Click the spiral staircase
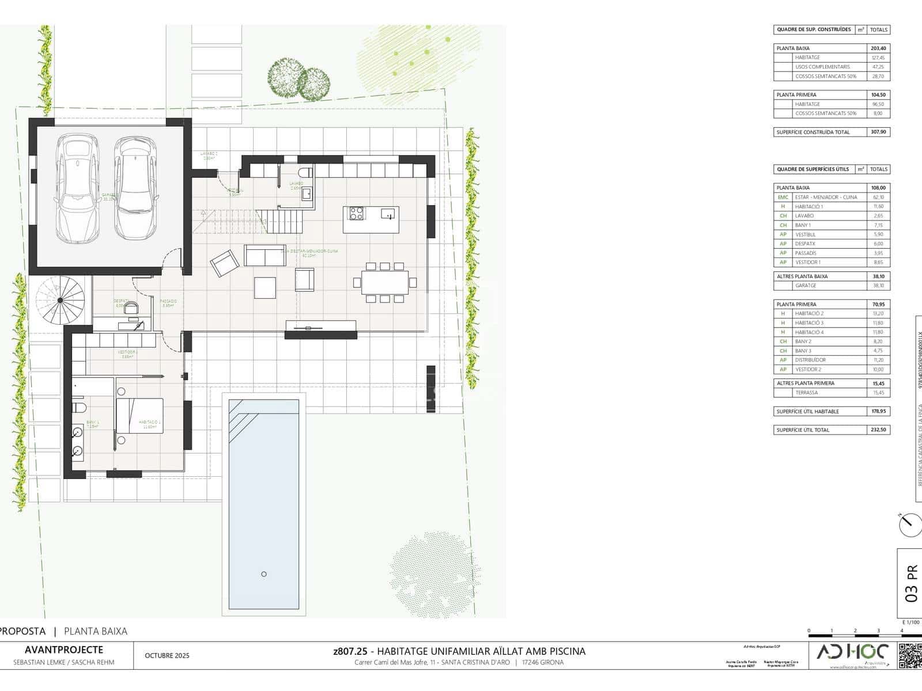pos(60,300)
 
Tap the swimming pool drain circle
pos(264,574)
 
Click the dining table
pos(385,282)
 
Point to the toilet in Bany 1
pos(79,408)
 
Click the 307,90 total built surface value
pos(878,132)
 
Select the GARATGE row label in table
pos(806,286)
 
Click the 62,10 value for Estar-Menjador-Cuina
pos(878,197)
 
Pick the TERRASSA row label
pos(806,393)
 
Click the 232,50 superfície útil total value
pos(878,430)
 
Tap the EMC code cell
pos(783,197)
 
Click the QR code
pos(910,656)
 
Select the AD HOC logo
pos(852,654)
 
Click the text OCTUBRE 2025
pos(167,655)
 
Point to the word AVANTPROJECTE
pos(64,650)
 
